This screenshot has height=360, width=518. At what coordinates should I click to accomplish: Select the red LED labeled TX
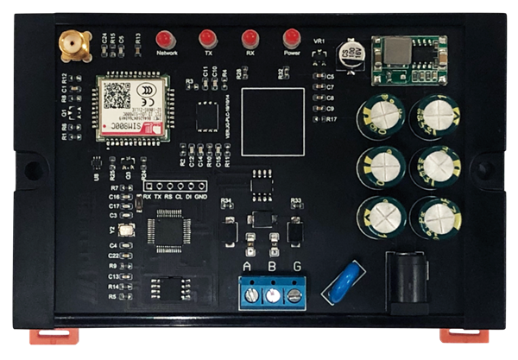[207, 38]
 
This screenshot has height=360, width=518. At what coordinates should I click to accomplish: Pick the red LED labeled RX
[250, 38]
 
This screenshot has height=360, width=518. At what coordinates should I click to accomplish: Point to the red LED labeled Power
[292, 38]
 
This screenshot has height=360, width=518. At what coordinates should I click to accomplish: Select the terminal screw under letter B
[274, 295]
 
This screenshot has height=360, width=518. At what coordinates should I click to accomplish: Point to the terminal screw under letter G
[295, 295]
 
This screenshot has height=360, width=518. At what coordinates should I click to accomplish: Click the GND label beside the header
[200, 197]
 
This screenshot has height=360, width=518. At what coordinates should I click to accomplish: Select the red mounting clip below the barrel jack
[464, 335]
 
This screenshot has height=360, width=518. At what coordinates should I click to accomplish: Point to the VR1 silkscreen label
[319, 41]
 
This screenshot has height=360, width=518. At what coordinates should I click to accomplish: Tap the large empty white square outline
[273, 120]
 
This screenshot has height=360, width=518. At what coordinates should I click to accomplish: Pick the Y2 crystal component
[126, 231]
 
